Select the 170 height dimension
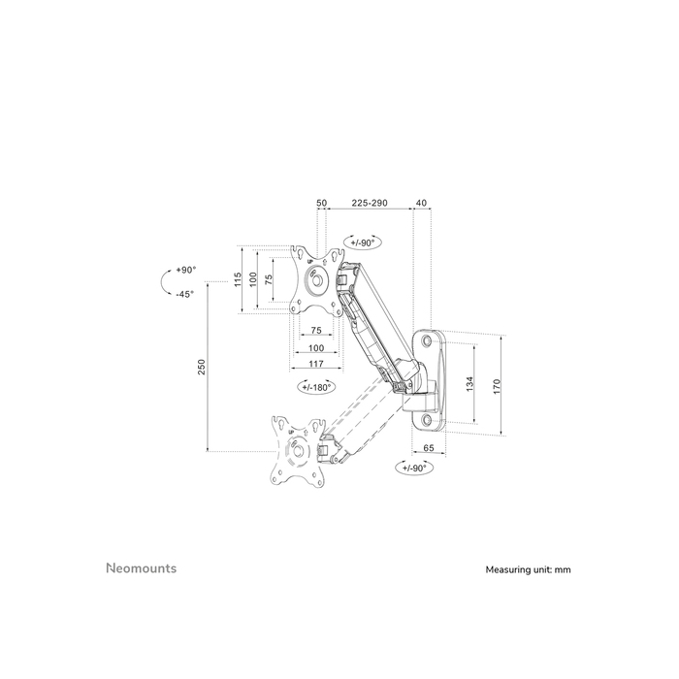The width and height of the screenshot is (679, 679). (498, 385)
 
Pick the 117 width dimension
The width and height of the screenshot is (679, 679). (316, 364)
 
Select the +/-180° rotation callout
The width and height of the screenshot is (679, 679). (315, 386)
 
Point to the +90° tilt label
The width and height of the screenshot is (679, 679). (185, 271)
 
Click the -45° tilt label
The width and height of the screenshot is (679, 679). (184, 294)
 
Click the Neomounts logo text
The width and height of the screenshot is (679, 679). (141, 568)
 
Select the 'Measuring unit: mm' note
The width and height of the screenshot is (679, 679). (529, 570)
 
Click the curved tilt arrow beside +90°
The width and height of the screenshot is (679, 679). (163, 282)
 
